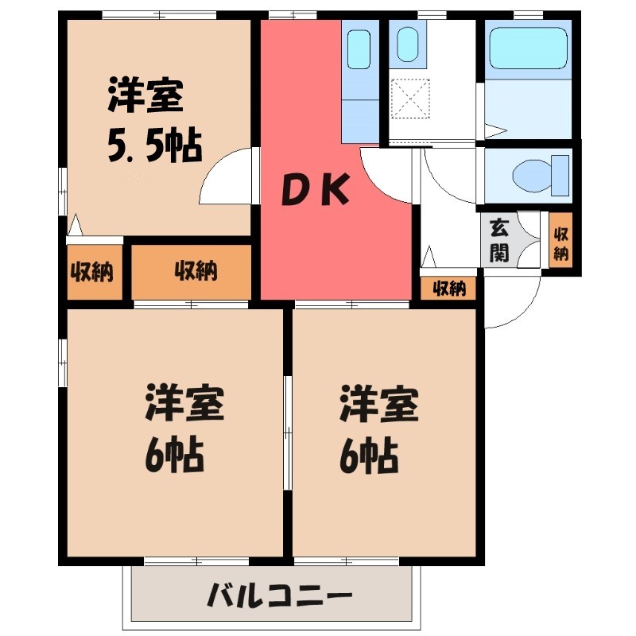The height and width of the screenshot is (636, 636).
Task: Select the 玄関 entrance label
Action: [x=498, y=240]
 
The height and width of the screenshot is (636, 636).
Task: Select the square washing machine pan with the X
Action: [x=411, y=100]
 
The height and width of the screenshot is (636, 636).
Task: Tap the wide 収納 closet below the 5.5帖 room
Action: [x=192, y=271]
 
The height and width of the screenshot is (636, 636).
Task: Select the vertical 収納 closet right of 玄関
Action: [x=560, y=241]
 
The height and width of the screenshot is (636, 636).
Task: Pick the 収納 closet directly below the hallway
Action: [x=449, y=289]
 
